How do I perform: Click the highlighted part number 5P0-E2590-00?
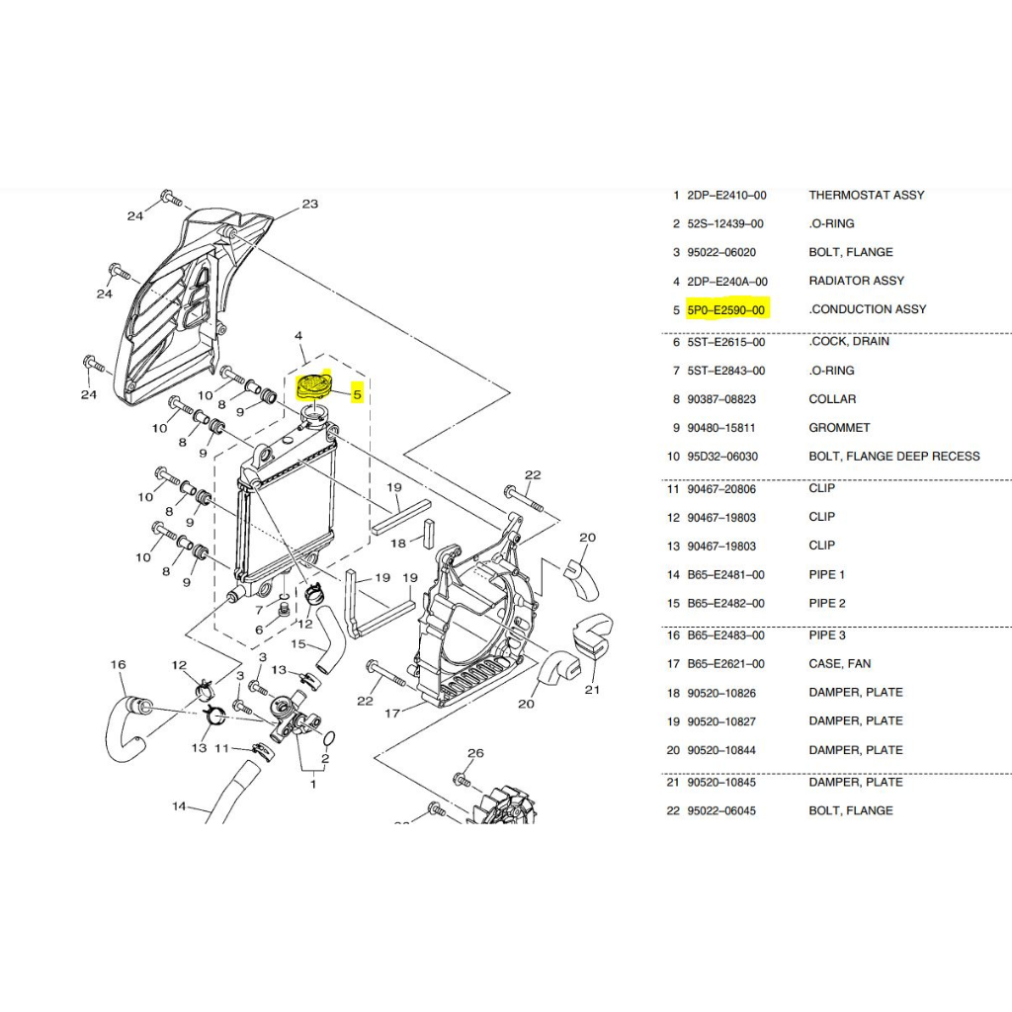tap(725, 310)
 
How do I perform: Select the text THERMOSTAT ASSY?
tap(866, 195)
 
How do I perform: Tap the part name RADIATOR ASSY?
tap(857, 281)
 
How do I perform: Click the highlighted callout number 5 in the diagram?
tap(357, 394)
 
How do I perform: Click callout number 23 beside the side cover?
tap(310, 204)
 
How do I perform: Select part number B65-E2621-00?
tap(725, 664)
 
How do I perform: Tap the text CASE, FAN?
tap(840, 664)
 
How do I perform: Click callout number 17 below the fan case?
tap(392, 714)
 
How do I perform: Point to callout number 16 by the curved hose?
tap(119, 665)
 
